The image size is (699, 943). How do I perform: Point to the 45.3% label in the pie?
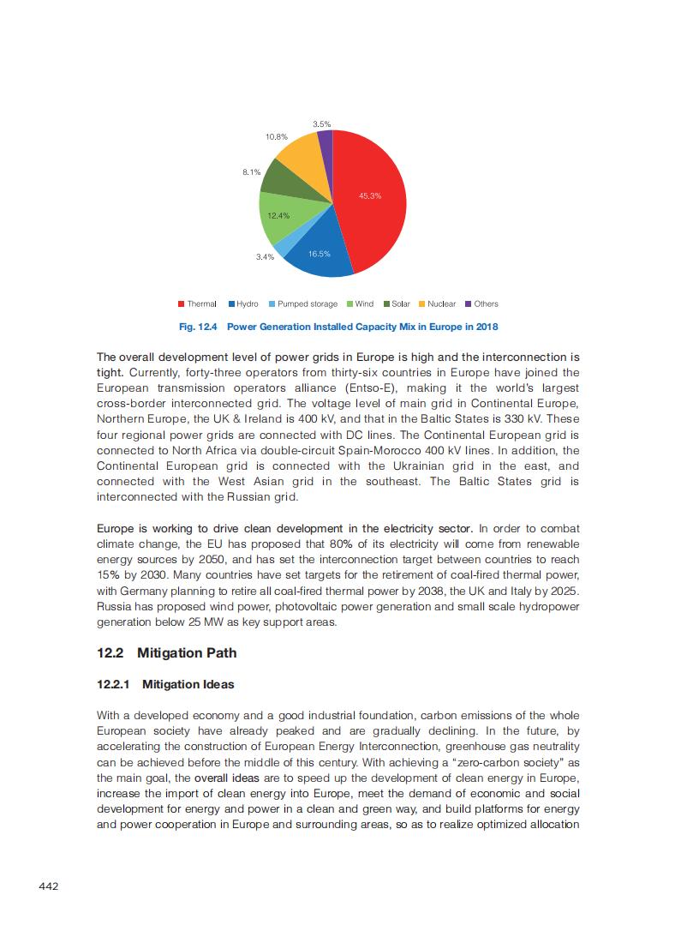[370, 196]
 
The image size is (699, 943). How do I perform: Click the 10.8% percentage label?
[276, 137]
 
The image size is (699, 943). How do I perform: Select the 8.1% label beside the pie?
[251, 172]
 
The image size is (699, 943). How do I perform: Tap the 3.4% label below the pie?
[265, 256]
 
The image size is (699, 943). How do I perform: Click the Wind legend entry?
[360, 304]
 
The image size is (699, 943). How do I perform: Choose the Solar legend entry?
[397, 304]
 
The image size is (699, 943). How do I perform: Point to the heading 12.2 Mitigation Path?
[166, 653]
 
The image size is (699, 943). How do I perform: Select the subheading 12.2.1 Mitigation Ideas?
[164, 685]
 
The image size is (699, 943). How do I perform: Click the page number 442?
[49, 886]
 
